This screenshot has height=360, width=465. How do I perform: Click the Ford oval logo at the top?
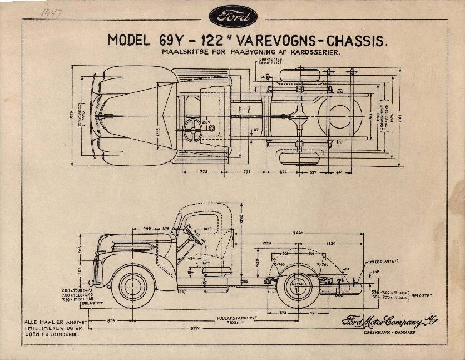[233, 16]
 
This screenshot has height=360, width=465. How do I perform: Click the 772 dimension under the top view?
[204, 172]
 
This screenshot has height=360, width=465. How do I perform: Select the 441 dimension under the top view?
[339, 172]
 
